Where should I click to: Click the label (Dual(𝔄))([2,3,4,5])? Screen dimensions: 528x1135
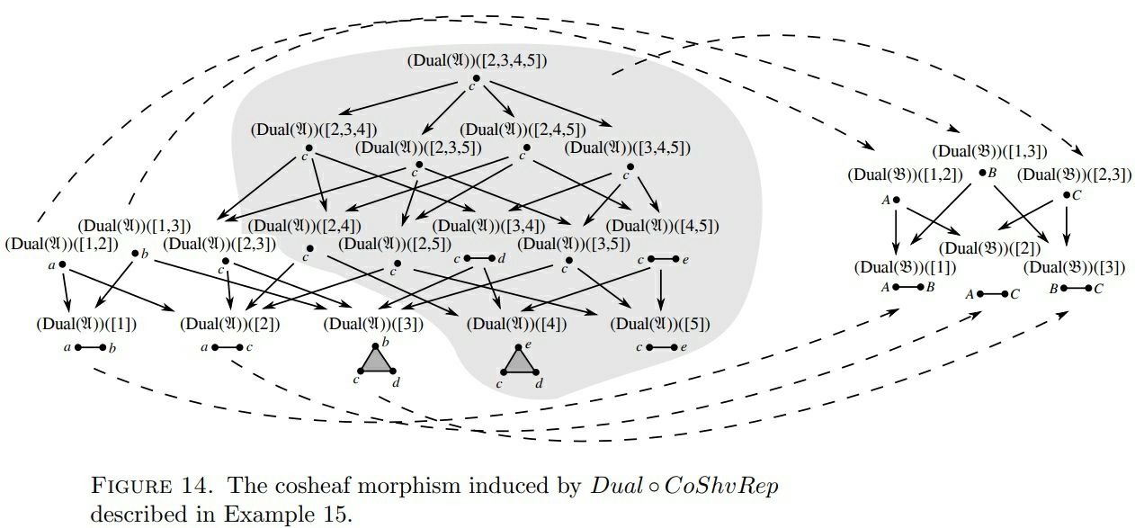pos(477,61)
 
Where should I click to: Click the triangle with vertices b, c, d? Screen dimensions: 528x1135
pos(376,362)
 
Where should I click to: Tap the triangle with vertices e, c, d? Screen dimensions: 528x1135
pos(519,362)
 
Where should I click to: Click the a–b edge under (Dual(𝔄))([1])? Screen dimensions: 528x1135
pos(90,347)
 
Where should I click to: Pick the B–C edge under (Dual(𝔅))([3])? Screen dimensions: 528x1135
pos(1076,289)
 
